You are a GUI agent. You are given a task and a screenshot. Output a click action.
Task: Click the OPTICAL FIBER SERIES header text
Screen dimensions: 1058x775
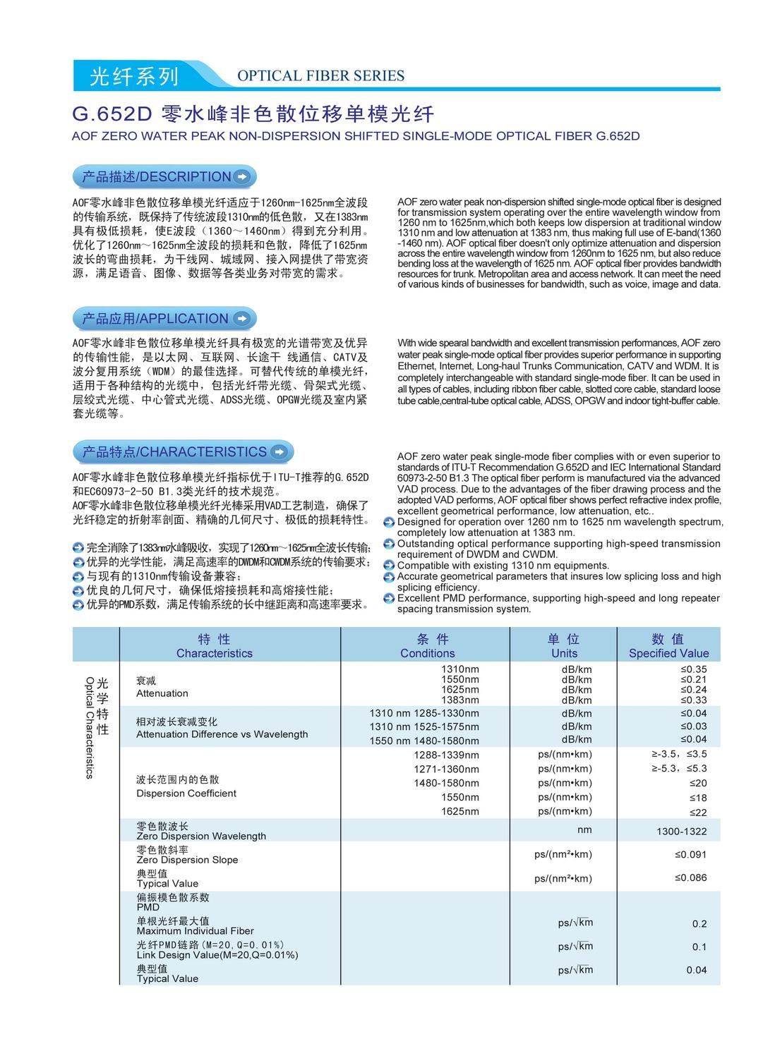320,76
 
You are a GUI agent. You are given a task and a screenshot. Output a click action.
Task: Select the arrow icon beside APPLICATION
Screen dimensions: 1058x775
241,319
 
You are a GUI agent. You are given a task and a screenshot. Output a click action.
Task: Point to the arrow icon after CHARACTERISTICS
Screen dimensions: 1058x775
280,452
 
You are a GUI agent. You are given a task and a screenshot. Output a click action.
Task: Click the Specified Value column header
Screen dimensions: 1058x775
668,646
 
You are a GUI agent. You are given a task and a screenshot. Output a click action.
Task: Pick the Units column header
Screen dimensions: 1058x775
564,646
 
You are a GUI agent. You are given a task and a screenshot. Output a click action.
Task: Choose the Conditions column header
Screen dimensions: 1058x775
427,646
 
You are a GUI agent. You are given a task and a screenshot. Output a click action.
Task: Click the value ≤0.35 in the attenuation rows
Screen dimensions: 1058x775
693,669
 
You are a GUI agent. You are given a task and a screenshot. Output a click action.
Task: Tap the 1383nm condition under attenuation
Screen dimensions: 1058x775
459,700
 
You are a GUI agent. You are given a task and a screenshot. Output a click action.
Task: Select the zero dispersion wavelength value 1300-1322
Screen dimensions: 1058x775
681,832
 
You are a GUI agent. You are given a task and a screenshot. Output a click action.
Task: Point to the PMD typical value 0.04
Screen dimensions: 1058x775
696,970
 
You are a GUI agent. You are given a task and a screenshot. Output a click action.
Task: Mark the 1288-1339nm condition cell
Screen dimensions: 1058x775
446,755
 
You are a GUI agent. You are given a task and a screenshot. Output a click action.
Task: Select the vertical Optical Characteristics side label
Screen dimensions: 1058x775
96,726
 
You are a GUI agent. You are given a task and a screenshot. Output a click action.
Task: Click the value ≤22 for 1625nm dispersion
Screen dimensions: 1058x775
697,812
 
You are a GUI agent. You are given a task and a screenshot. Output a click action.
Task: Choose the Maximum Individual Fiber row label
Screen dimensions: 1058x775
195,925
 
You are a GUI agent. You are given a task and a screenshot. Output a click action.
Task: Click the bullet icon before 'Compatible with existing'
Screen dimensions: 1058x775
389,566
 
